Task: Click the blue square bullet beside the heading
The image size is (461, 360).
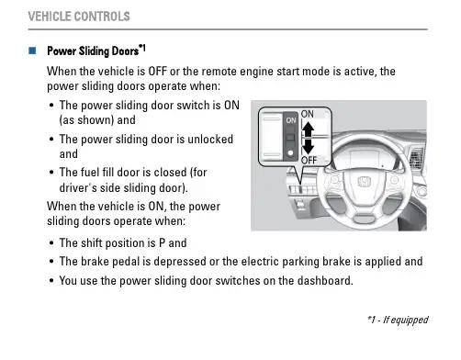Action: pyautogui.click(x=32, y=51)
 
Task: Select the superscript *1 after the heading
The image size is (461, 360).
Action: pyautogui.click(x=142, y=48)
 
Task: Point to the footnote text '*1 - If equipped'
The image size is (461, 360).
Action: pyautogui.click(x=398, y=320)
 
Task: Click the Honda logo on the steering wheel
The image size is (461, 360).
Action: pyautogui.click(x=364, y=182)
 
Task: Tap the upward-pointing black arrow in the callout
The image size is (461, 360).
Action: pyautogui.click(x=308, y=129)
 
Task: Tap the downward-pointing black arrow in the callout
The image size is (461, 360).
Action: pyautogui.click(x=308, y=146)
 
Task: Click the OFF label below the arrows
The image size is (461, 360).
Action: pyautogui.click(x=309, y=160)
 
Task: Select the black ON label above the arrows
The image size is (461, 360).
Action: pyautogui.click(x=308, y=114)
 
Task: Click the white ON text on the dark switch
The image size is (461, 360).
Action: pyautogui.click(x=291, y=120)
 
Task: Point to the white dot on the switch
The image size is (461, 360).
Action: pyautogui.click(x=290, y=152)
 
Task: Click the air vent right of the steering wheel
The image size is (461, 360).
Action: pyautogui.click(x=417, y=157)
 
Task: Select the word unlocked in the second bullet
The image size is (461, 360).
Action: pyautogui.click(x=210, y=140)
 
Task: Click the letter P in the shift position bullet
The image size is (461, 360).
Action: pyautogui.click(x=162, y=243)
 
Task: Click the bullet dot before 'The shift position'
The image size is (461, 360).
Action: pyautogui.click(x=51, y=243)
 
